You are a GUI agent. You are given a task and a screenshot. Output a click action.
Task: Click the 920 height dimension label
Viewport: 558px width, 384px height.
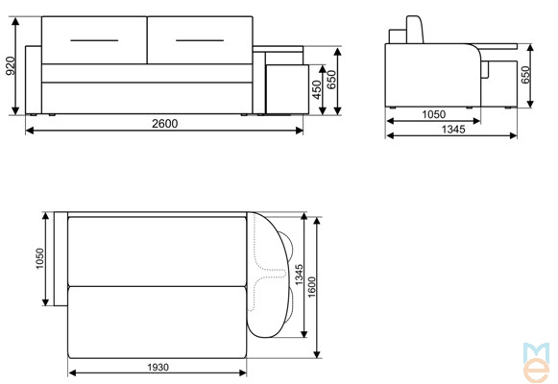point(11,66)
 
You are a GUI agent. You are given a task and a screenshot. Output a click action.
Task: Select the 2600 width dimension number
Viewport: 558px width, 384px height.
point(165,124)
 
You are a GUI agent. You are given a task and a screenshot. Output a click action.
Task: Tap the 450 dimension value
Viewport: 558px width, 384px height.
point(316,89)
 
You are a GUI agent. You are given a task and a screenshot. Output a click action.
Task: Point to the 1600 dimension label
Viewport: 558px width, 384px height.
point(311,287)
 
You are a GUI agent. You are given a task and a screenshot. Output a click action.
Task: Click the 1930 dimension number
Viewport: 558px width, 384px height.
point(158,367)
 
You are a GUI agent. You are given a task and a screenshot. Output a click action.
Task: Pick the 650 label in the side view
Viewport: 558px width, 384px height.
point(525,75)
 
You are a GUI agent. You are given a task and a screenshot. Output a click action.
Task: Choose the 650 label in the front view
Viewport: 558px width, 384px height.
point(331,80)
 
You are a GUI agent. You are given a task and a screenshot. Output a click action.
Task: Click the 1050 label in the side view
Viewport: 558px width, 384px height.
point(433,114)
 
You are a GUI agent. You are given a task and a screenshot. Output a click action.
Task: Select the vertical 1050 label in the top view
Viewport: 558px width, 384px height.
point(39,258)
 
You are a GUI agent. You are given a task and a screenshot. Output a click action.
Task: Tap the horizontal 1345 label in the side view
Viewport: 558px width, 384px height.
point(453,129)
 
